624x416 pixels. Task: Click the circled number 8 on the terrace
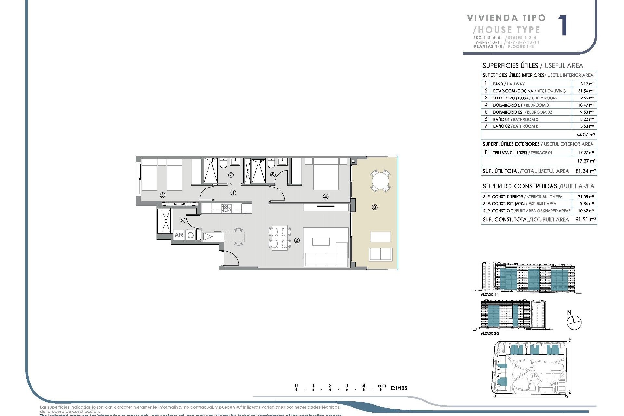click(x=375, y=207)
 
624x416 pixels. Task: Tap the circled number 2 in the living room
click(x=297, y=240)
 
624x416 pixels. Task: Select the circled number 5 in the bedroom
click(x=162, y=195)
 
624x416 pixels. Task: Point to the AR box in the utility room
click(x=179, y=235)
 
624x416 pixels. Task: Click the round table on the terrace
click(x=380, y=181)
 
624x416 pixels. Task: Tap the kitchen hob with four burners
click(x=227, y=208)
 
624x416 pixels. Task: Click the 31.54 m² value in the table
click(x=586, y=91)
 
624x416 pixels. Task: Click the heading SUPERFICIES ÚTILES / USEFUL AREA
click(x=533, y=66)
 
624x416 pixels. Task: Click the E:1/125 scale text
click(x=398, y=388)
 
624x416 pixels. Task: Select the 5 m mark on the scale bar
click(x=380, y=387)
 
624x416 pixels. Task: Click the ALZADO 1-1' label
click(x=489, y=294)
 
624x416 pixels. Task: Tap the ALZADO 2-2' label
click(x=490, y=333)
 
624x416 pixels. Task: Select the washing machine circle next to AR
click(x=191, y=235)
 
